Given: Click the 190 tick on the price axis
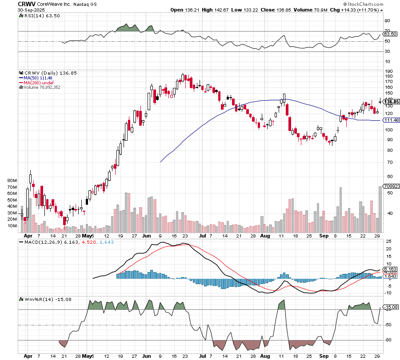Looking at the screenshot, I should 388,71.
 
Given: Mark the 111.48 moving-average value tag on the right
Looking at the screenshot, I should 391,120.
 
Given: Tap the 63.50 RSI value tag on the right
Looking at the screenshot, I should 390,34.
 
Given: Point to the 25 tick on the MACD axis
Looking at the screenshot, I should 388,241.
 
